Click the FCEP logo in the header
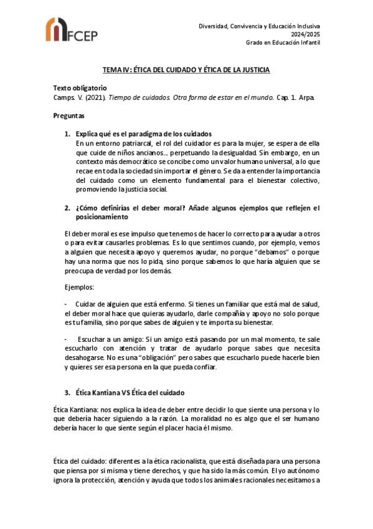pos(71,31)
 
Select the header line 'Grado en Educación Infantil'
pos(283,44)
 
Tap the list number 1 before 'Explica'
pos(67,134)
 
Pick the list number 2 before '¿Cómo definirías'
pos(67,208)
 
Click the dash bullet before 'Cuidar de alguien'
pos(66,304)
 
